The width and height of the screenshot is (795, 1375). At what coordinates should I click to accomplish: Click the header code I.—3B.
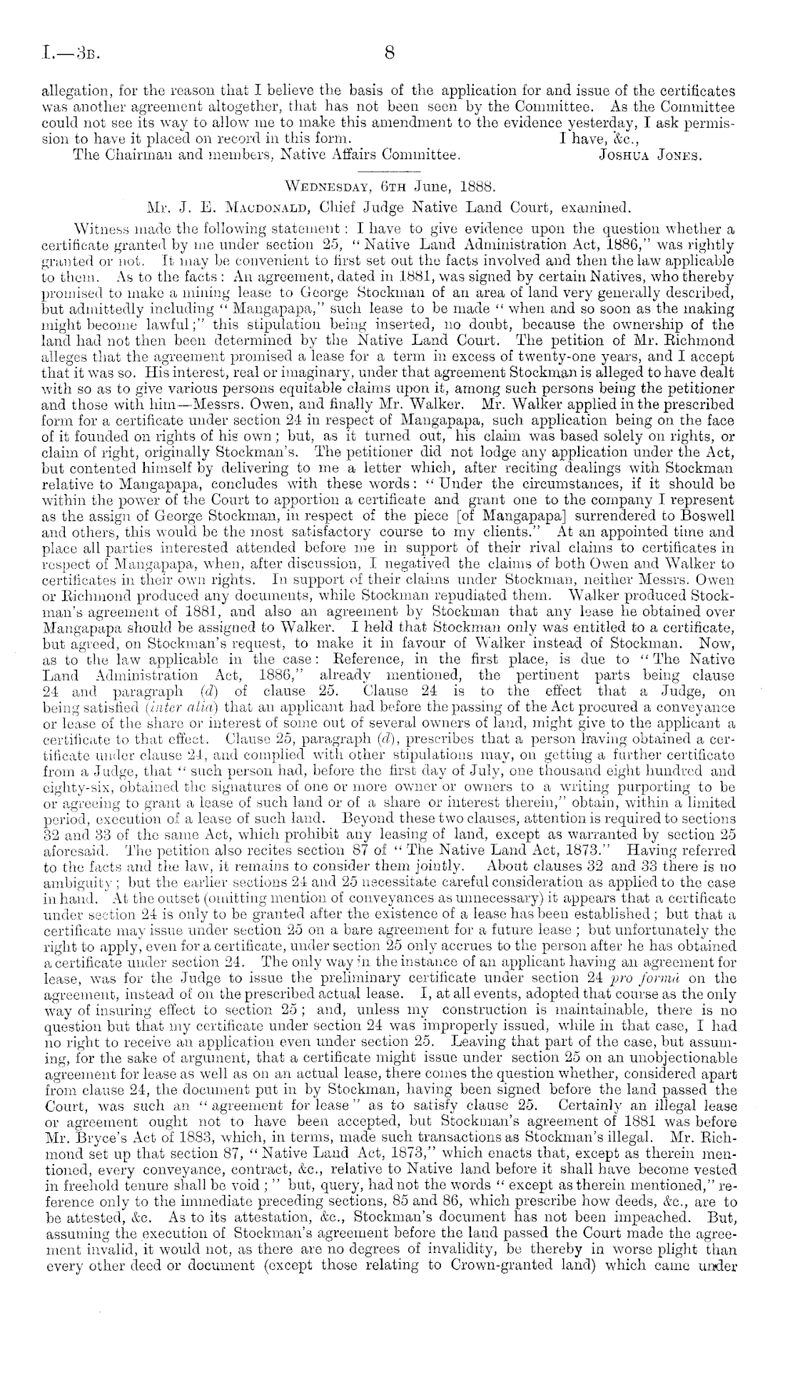[x=65, y=53]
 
